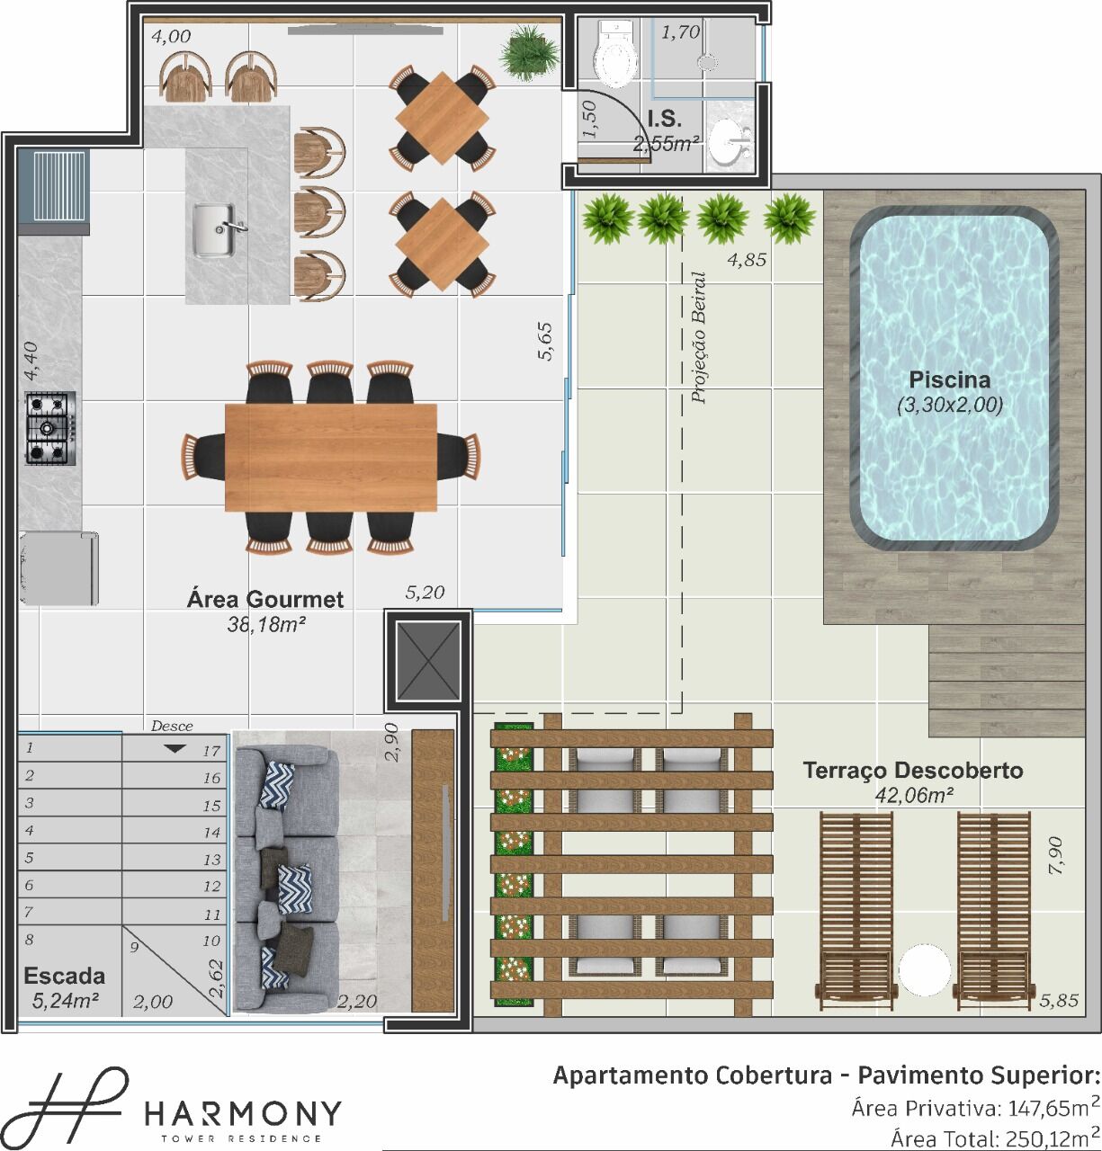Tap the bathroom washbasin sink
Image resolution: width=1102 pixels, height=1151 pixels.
click(730, 141)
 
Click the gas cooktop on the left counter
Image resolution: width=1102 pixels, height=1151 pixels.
click(50, 428)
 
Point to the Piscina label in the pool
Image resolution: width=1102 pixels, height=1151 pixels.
click(949, 379)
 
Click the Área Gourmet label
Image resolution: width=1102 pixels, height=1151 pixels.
click(265, 599)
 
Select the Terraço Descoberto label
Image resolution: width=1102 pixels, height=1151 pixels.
click(912, 770)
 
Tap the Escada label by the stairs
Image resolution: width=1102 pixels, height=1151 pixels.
click(65, 976)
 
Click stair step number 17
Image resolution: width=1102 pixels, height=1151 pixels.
click(211, 751)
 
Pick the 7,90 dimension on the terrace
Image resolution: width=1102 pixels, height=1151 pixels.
click(1055, 855)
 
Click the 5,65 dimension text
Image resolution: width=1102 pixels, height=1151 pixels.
click(545, 342)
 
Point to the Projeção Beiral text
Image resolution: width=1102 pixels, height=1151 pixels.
click(699, 338)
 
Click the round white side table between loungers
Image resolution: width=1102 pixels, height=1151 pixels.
click(924, 970)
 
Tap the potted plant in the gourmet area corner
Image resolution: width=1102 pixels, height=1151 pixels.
click(529, 53)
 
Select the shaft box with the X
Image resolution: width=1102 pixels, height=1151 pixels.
click(428, 661)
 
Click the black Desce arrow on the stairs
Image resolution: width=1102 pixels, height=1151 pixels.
click(175, 749)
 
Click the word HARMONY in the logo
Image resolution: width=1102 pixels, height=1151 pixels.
click(243, 1114)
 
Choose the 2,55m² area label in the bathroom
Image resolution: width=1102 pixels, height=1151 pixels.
click(667, 144)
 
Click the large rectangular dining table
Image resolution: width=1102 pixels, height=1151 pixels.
click(331, 457)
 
